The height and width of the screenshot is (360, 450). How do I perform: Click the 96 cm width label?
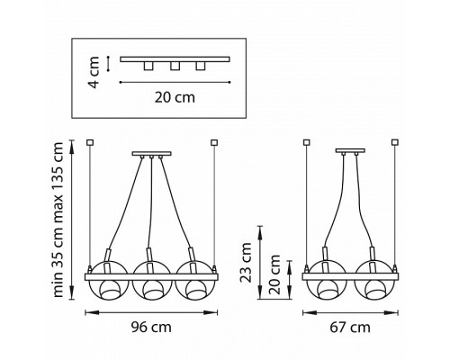151,327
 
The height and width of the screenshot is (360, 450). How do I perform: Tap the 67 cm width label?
350,327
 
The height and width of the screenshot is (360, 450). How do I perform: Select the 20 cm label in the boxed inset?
175,97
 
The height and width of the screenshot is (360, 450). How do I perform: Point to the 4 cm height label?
94,72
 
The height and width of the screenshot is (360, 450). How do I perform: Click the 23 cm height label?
246,263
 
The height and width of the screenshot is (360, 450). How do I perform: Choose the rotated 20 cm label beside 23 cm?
274,274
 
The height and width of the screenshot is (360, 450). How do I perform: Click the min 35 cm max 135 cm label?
58,220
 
